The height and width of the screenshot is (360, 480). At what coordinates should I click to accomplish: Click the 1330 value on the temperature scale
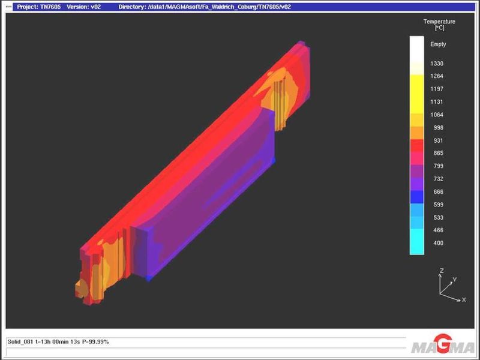437,64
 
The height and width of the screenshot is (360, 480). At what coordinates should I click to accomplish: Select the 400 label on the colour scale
439,243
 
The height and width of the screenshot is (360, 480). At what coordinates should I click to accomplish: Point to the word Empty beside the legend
438,44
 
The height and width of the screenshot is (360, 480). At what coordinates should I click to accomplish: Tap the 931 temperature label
439,140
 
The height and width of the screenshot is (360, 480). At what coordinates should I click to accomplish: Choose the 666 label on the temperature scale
439,192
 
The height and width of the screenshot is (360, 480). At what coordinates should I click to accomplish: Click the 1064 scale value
437,115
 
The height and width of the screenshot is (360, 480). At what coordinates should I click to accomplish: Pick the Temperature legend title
439,25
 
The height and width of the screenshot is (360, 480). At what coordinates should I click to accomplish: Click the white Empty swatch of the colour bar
417,50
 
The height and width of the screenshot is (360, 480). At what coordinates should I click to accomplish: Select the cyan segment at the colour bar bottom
417,242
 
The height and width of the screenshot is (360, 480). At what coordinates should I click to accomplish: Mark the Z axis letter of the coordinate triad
442,271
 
